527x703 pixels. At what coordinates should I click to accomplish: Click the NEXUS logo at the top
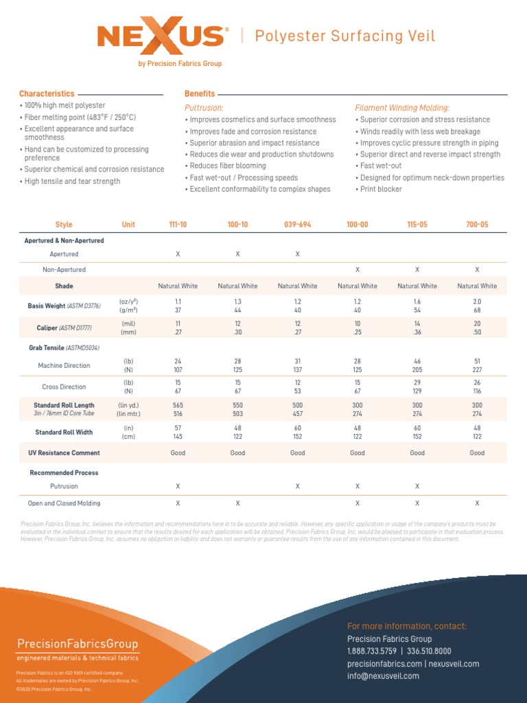tap(159, 38)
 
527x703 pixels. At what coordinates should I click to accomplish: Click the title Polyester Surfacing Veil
tap(345, 36)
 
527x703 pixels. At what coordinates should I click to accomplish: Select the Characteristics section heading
tap(47, 93)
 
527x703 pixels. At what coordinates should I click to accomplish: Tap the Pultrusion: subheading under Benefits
tap(204, 108)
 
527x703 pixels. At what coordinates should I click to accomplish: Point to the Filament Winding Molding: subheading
tap(402, 108)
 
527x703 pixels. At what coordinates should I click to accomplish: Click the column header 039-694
tap(298, 224)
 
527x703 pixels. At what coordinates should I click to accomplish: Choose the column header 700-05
tap(477, 224)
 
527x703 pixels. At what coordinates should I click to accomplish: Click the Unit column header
tap(128, 224)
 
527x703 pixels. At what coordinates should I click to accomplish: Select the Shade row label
tap(64, 286)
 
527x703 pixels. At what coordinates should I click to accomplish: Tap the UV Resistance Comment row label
tap(64, 453)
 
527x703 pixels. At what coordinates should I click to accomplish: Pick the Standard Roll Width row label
tap(64, 433)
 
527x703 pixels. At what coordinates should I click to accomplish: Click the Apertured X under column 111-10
tap(178, 254)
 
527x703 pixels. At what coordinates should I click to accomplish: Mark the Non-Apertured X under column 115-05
tap(417, 270)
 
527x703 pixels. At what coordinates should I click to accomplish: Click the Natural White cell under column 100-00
tap(358, 286)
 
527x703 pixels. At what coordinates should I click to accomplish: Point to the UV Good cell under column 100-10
tap(237, 453)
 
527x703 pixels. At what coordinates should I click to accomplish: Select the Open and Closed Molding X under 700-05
tap(477, 503)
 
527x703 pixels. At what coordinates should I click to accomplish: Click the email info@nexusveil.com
tap(383, 676)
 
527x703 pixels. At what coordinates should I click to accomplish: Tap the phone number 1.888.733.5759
tap(371, 651)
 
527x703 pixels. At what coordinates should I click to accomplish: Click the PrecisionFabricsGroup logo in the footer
tap(78, 644)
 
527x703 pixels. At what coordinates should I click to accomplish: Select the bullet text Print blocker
tap(381, 189)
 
